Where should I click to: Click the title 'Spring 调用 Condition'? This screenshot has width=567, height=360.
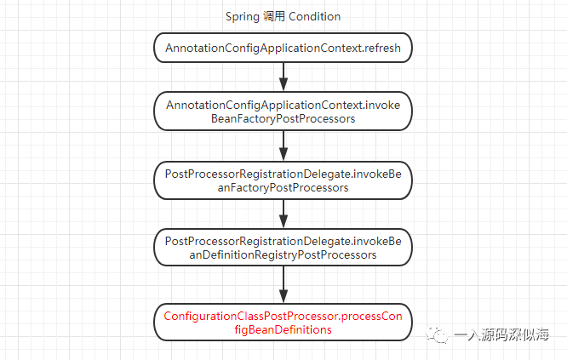[x=283, y=16]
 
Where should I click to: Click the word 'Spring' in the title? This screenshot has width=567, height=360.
[x=243, y=16]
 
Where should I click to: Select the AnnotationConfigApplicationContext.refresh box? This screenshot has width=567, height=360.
[x=283, y=48]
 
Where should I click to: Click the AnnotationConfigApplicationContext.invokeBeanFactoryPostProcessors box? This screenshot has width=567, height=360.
[x=283, y=111]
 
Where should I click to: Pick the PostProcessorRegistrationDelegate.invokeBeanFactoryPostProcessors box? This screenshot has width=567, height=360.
[x=283, y=180]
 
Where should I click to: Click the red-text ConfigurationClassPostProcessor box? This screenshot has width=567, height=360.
[x=283, y=323]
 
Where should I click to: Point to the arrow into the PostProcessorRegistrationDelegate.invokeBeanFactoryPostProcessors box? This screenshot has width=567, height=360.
[x=283, y=146]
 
